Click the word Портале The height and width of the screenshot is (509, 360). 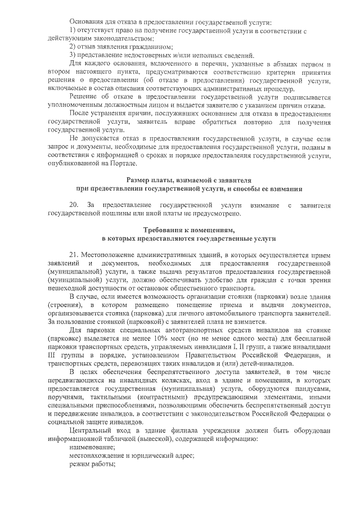(121, 163)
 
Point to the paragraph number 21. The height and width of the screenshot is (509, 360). (75, 254)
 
